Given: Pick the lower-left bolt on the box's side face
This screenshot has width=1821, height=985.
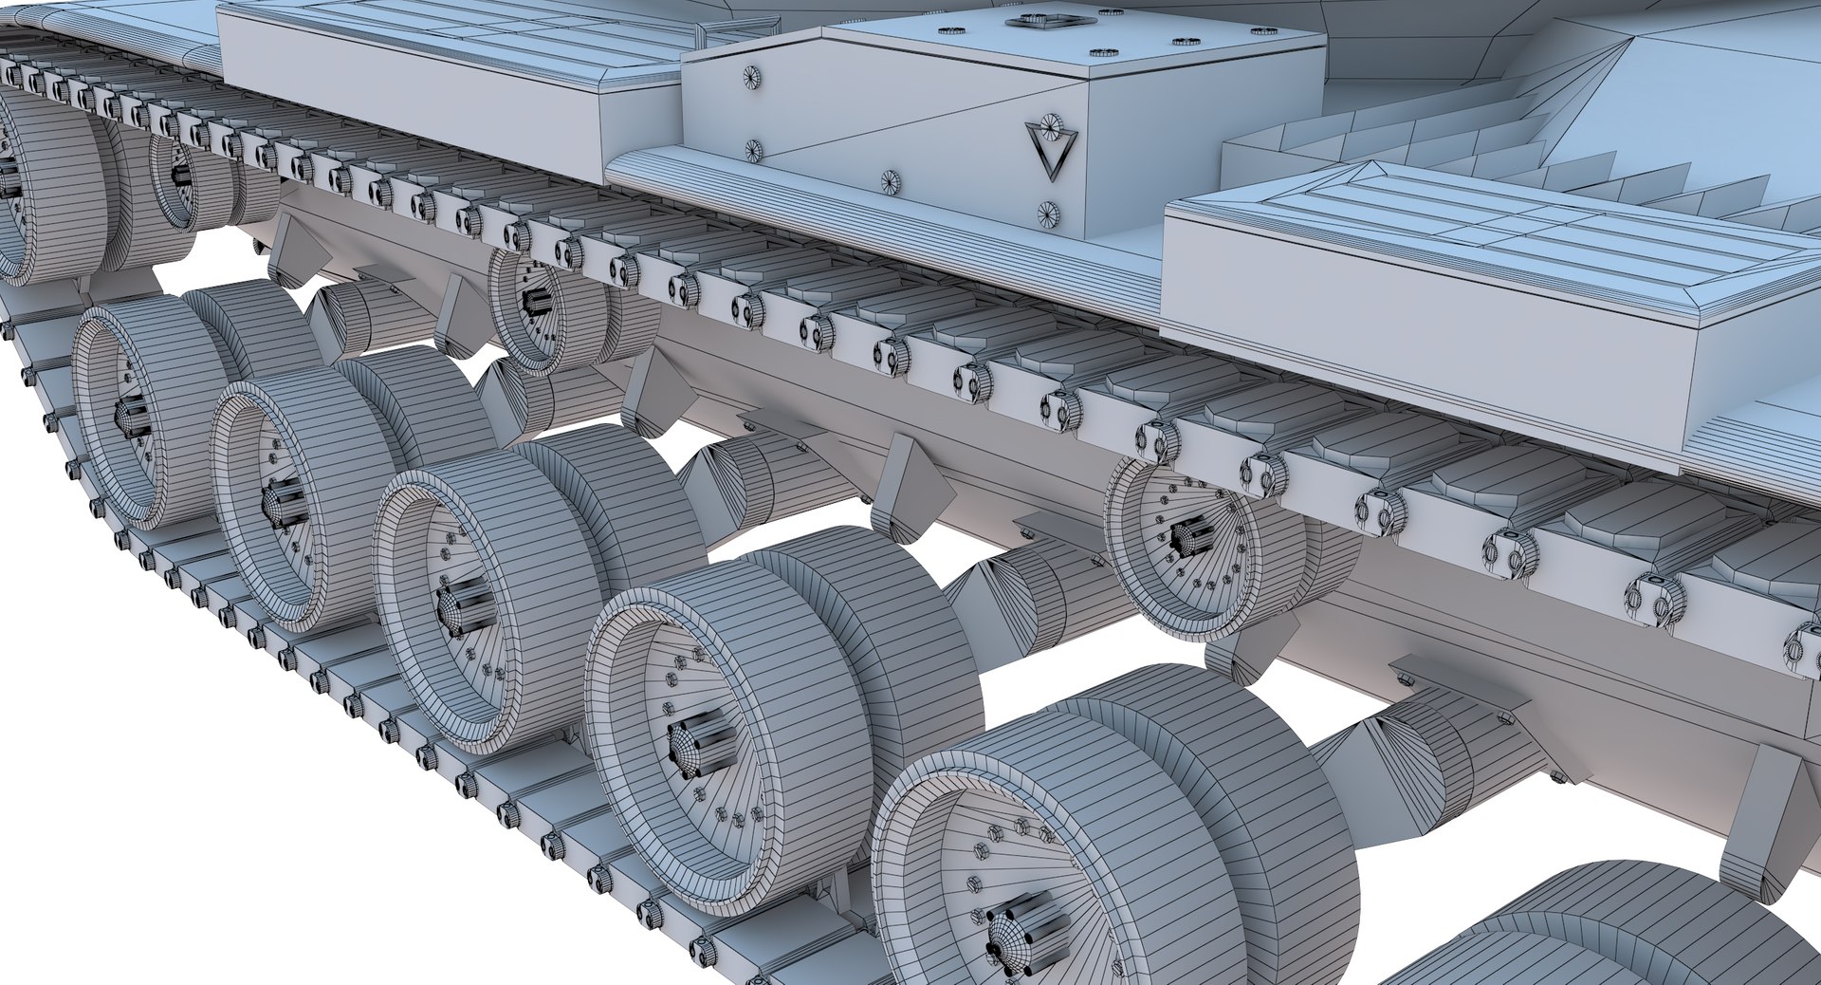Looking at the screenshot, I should tap(753, 150).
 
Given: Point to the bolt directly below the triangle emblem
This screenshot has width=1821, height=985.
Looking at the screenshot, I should tap(1048, 214).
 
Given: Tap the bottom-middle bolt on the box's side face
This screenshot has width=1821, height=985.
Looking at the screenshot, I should tap(890, 182).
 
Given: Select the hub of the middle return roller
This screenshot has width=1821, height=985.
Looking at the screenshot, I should tap(533, 301).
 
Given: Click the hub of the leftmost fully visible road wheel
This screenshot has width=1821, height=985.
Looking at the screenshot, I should tap(131, 416).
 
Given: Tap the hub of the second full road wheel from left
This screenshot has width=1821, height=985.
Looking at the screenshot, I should tap(283, 503).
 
